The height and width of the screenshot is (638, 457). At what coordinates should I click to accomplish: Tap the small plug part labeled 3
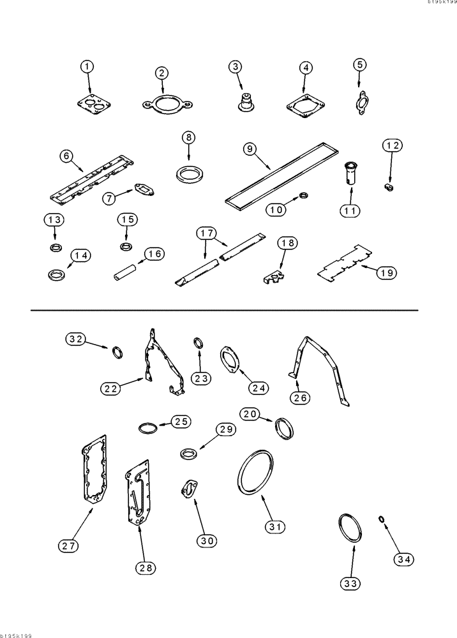tap(243, 101)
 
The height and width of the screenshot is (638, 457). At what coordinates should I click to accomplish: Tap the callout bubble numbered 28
tap(147, 567)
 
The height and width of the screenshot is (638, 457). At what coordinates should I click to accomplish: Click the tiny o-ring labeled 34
tap(382, 519)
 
